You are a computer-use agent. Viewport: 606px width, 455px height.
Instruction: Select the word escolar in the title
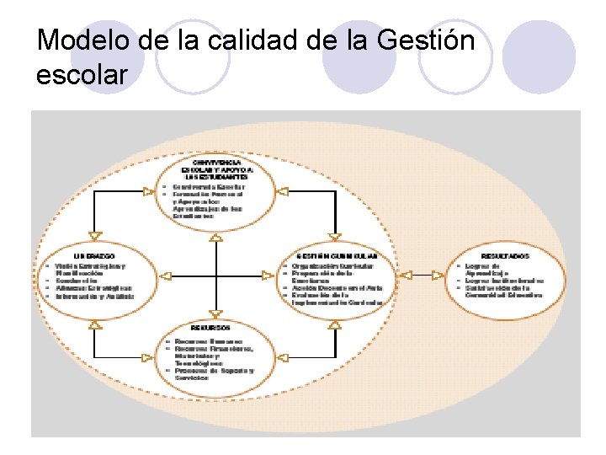tap(82, 74)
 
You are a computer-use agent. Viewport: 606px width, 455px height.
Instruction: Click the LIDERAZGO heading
tap(93, 254)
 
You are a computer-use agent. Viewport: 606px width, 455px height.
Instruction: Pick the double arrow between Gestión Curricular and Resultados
tap(427, 275)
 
